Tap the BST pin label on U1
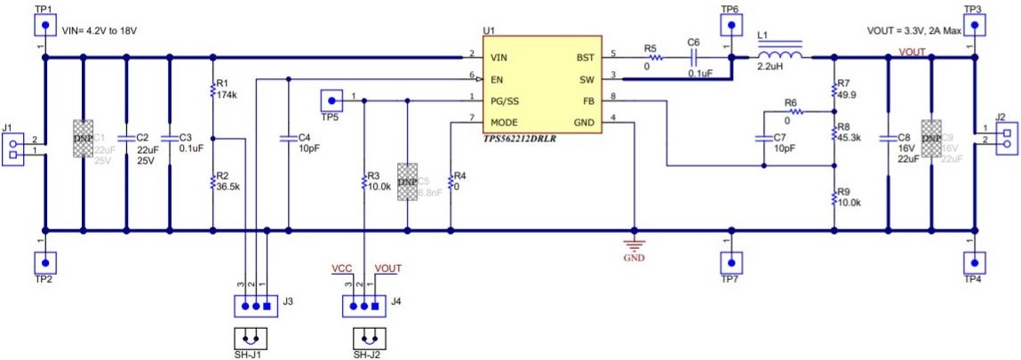(x=585, y=57)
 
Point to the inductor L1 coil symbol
(x=778, y=56)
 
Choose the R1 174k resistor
(x=212, y=88)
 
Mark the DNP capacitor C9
(x=930, y=139)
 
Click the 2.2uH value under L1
(x=770, y=67)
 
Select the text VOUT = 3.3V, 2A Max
(x=913, y=30)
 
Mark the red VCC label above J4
(x=342, y=268)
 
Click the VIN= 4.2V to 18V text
(x=100, y=30)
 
